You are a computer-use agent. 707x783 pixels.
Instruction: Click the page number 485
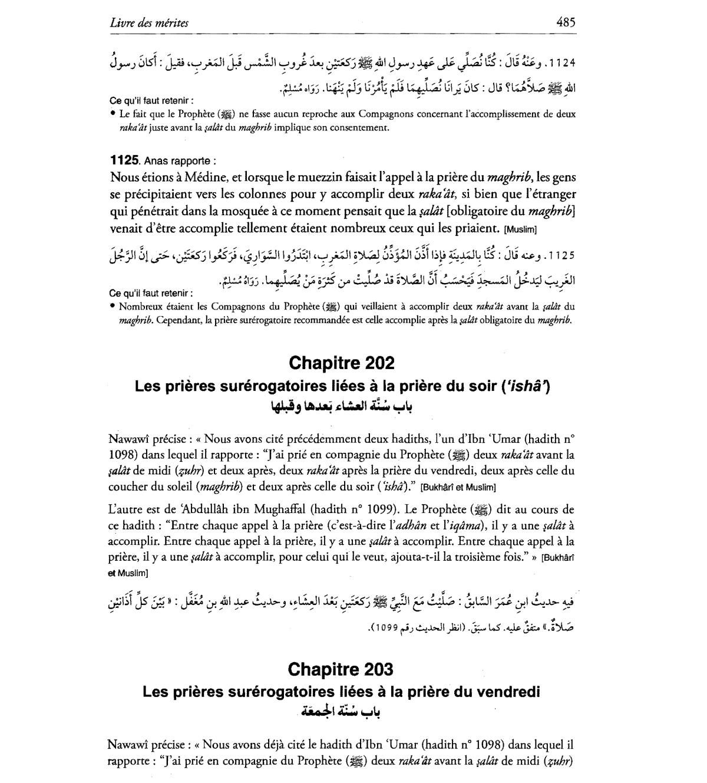pyautogui.click(x=566, y=22)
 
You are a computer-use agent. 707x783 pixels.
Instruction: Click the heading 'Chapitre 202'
pyautogui.click(x=342, y=363)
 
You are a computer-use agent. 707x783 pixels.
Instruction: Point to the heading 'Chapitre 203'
pyautogui.click(x=341, y=669)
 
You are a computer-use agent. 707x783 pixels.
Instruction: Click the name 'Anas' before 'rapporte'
pyautogui.click(x=155, y=161)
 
